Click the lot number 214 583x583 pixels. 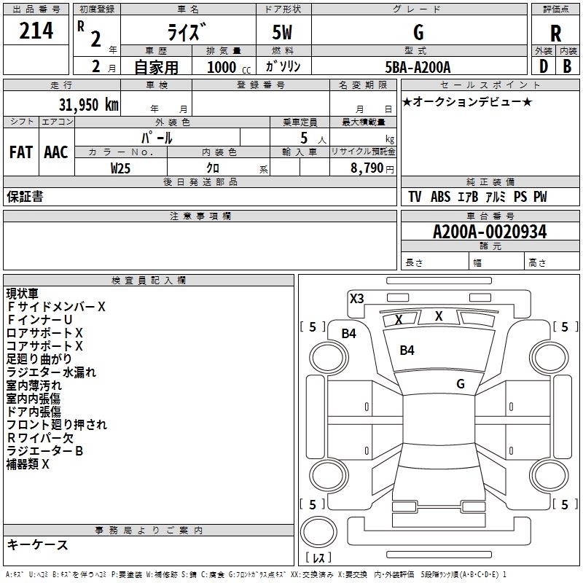pos(36,31)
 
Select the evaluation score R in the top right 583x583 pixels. pos(555,34)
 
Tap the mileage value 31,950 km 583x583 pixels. pos(88,105)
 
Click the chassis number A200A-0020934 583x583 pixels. pos(490,232)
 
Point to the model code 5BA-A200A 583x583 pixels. pos(418,67)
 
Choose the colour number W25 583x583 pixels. pos(120,168)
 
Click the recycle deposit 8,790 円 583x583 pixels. pos(372,168)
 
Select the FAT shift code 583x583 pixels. pos(21,152)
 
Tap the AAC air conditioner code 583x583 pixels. pos(56,152)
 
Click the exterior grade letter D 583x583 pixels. pos(544,66)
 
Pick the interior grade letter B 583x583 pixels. pos(567,66)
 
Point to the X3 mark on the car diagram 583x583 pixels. pos(356,299)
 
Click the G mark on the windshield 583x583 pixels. pos(461,383)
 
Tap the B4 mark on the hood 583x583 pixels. pos(407,351)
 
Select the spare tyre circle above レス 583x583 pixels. pos(318,532)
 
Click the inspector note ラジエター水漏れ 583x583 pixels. pos(51,372)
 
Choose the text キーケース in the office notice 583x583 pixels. pos(37,544)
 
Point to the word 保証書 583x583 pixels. pos(25,197)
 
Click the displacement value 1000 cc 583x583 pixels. pos(229,67)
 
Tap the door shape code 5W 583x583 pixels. pos(282,32)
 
